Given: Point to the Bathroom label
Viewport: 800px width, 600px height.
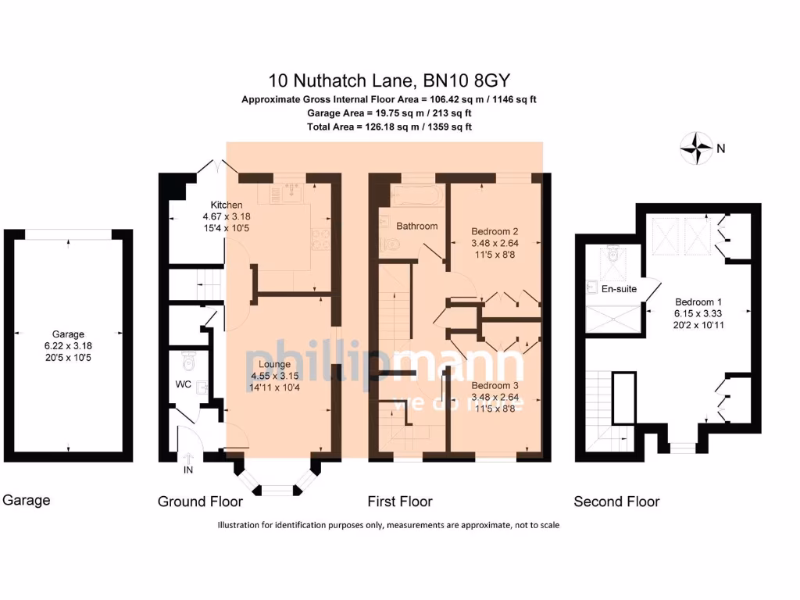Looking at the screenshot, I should pyautogui.click(x=416, y=226).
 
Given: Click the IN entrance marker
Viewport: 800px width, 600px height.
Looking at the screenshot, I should pyautogui.click(x=188, y=471).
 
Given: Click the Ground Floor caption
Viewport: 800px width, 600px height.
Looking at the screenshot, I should pyautogui.click(x=200, y=502).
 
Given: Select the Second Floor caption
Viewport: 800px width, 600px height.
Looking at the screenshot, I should pyautogui.click(x=616, y=502).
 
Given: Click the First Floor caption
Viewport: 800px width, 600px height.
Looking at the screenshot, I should pyautogui.click(x=400, y=502).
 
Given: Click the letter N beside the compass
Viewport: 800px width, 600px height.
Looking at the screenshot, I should pyautogui.click(x=721, y=148).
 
